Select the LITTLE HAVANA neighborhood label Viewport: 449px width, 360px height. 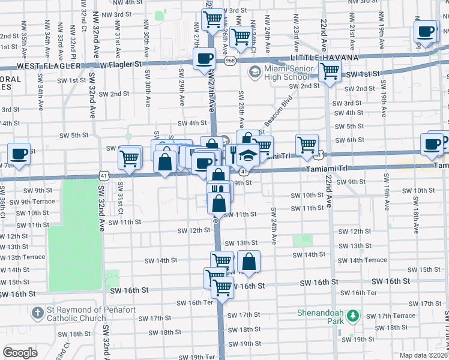[324, 57]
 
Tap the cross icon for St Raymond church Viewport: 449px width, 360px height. [37, 313]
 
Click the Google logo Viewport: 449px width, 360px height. [20, 352]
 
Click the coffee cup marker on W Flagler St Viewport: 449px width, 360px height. [204, 58]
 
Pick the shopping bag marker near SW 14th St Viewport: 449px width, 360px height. [248, 261]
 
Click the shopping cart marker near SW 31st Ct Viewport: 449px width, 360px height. [130, 158]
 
